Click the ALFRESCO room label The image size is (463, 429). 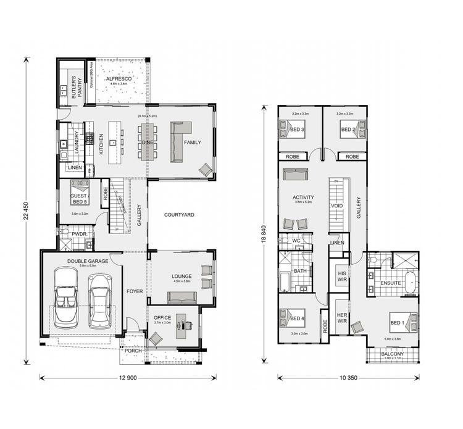coord(117,80)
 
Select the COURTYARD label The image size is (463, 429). coord(179,215)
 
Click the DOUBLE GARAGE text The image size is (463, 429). coord(88,261)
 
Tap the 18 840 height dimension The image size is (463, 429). coord(264,236)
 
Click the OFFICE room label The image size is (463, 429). coord(162,318)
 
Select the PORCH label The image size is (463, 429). coord(133,351)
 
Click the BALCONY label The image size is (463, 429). coord(393,354)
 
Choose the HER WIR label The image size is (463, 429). coord(341,317)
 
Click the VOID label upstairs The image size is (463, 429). coord(337,206)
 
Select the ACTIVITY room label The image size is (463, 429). coord(304,198)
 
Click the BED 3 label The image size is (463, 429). coord(297,130)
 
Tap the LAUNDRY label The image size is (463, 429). coord(76,143)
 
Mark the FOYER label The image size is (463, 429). coord(135,291)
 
